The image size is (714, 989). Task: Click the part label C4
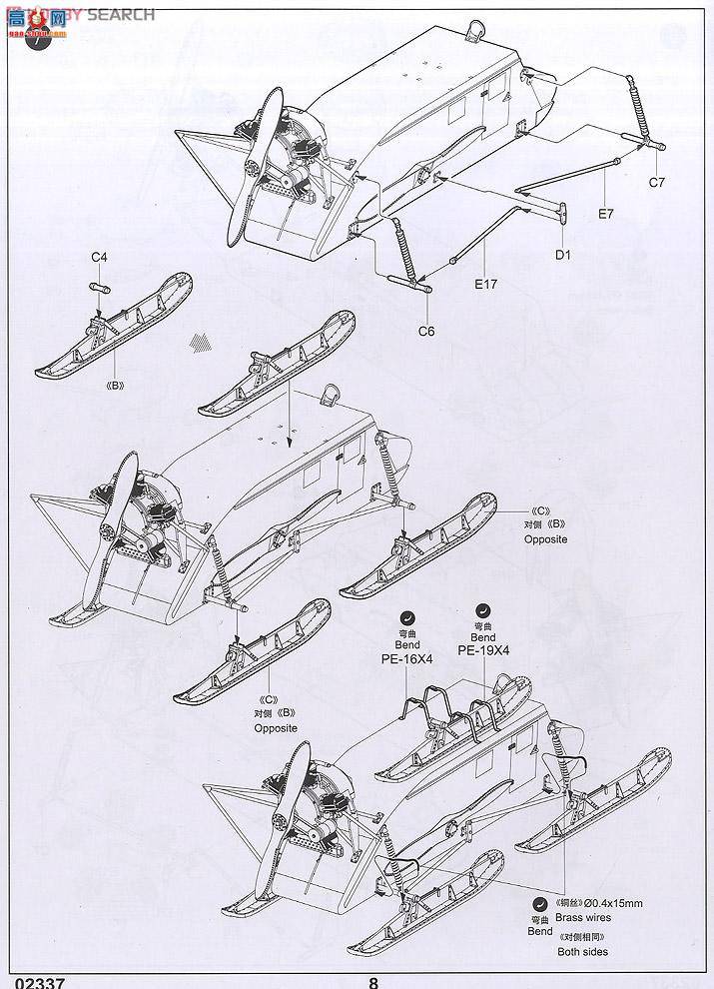click(x=99, y=258)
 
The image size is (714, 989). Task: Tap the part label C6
click(x=426, y=331)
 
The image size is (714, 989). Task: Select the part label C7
click(x=656, y=182)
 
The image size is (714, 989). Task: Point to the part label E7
click(x=606, y=213)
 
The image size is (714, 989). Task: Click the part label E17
click(x=485, y=284)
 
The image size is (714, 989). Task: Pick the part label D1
click(x=562, y=254)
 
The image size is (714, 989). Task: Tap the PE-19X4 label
click(x=483, y=649)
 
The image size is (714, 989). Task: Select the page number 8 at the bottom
click(x=373, y=981)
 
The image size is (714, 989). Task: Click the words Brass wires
click(x=587, y=917)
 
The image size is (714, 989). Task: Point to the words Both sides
click(x=583, y=951)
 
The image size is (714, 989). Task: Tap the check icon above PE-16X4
click(x=406, y=617)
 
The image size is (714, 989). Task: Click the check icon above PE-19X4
click(x=483, y=608)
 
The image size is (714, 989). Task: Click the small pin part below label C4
click(x=100, y=287)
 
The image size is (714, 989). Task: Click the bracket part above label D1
click(x=560, y=212)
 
